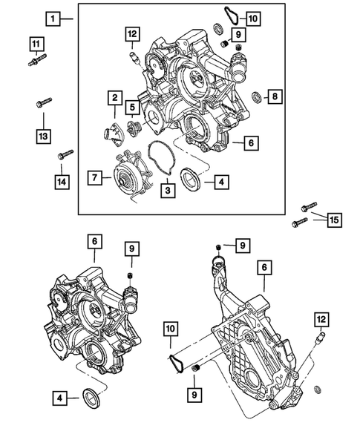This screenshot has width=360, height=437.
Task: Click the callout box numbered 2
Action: pyautogui.click(x=115, y=97)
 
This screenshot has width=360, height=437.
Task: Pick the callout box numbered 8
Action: pyautogui.click(x=273, y=96)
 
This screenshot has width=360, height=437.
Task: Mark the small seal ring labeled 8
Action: pyautogui.click(x=256, y=96)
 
